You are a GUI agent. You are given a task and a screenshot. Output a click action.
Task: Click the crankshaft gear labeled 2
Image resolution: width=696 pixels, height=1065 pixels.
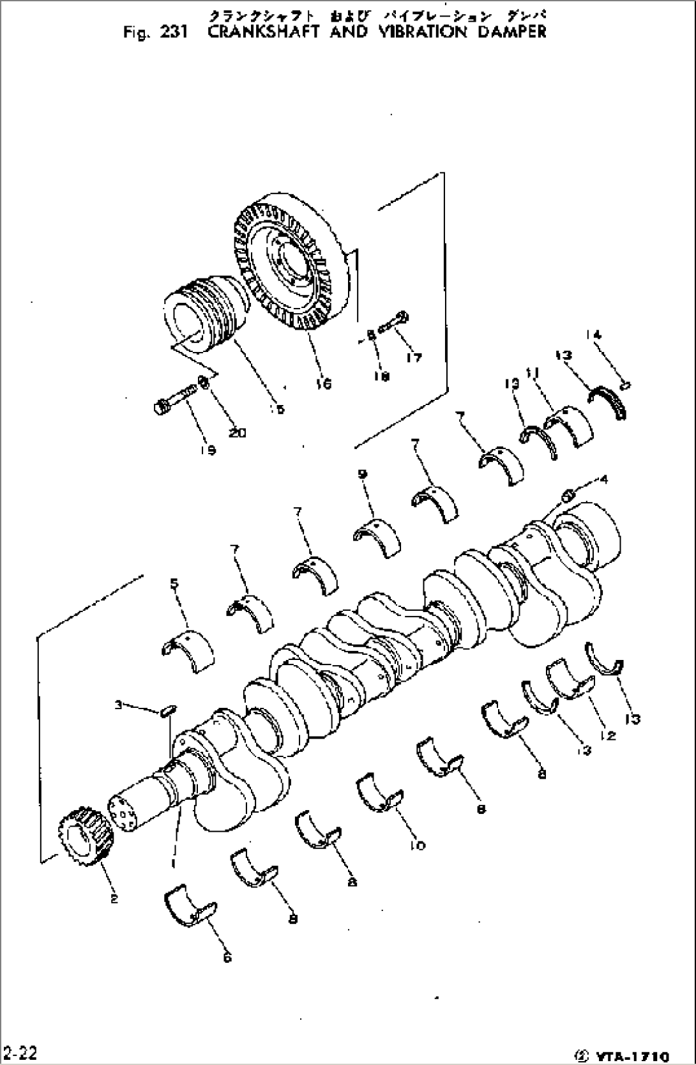[85, 837]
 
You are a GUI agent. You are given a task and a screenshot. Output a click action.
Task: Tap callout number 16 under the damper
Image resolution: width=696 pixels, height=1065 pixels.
[324, 383]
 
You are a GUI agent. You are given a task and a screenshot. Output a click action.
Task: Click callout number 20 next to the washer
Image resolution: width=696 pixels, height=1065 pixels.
[237, 433]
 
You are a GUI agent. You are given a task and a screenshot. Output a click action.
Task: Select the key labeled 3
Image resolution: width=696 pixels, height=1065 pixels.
[169, 710]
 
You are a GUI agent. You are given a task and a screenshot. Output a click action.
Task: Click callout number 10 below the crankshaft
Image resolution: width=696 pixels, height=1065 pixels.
[417, 845]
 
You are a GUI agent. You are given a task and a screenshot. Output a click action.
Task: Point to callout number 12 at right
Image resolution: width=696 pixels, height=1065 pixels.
[607, 735]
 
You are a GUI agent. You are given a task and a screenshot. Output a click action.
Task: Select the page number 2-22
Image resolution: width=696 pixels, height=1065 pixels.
[20, 1052]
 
